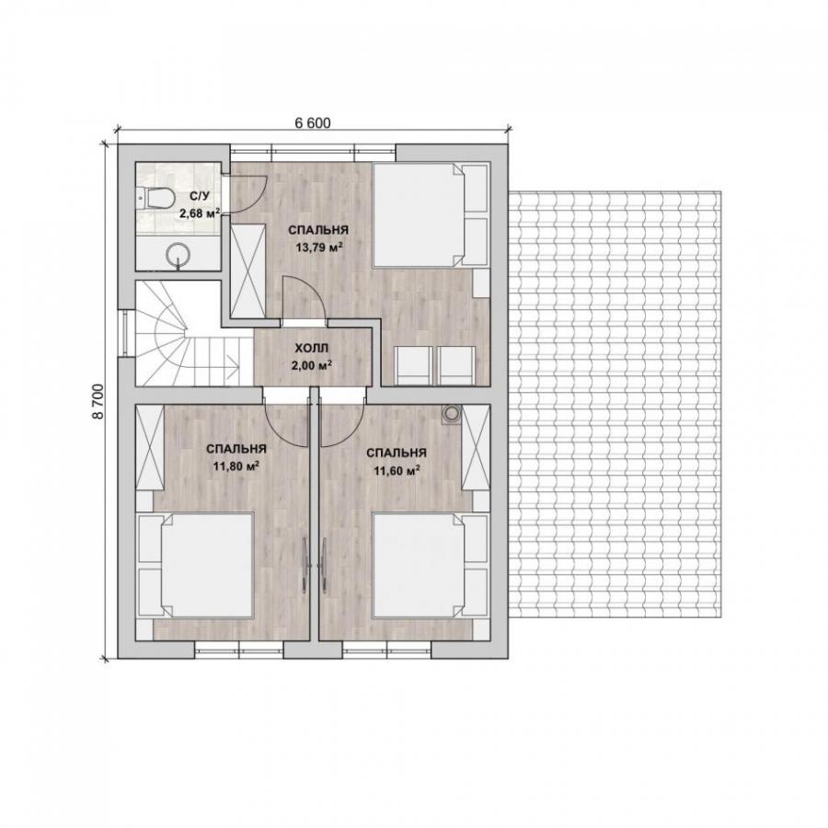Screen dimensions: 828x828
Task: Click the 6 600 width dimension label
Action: [313, 123]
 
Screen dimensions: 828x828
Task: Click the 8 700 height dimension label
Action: [98, 401]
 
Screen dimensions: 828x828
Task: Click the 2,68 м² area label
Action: [200, 213]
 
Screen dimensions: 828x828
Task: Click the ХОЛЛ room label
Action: [312, 348]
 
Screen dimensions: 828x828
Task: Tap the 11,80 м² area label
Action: [236, 466]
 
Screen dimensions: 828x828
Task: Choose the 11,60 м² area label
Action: [397, 470]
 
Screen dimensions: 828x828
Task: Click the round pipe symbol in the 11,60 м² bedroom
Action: [452, 414]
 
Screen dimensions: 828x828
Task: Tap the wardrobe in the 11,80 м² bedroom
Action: [149, 448]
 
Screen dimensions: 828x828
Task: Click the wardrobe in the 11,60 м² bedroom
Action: [477, 448]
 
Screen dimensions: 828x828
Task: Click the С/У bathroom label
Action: [201, 197]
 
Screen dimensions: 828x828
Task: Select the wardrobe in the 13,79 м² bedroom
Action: [247, 270]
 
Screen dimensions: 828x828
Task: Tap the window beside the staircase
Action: [126, 333]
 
